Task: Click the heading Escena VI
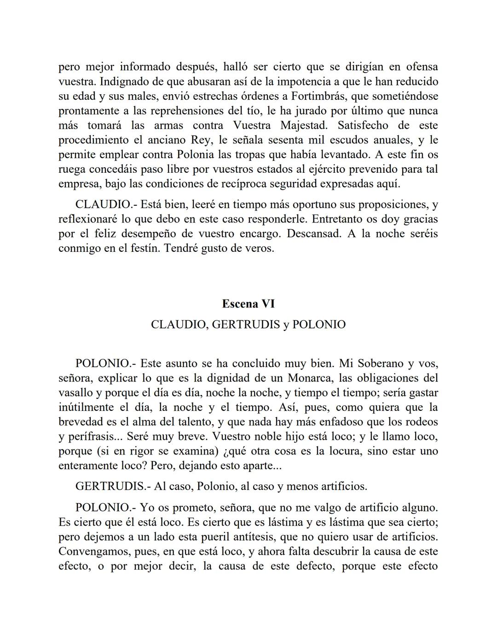tap(248, 304)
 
